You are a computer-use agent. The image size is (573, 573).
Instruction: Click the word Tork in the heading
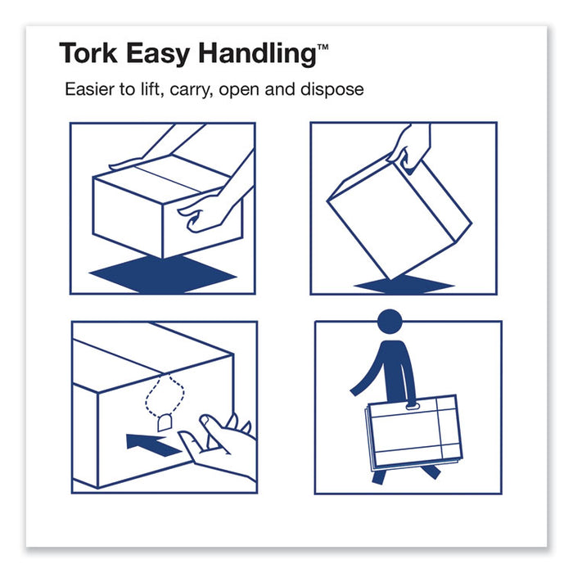[88, 54]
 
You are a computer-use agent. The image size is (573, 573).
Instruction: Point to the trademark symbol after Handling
[323, 48]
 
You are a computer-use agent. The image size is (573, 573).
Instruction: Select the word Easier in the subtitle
[92, 90]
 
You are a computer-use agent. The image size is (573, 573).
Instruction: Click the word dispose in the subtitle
[333, 91]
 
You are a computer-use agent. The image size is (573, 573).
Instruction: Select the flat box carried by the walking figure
[413, 431]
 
